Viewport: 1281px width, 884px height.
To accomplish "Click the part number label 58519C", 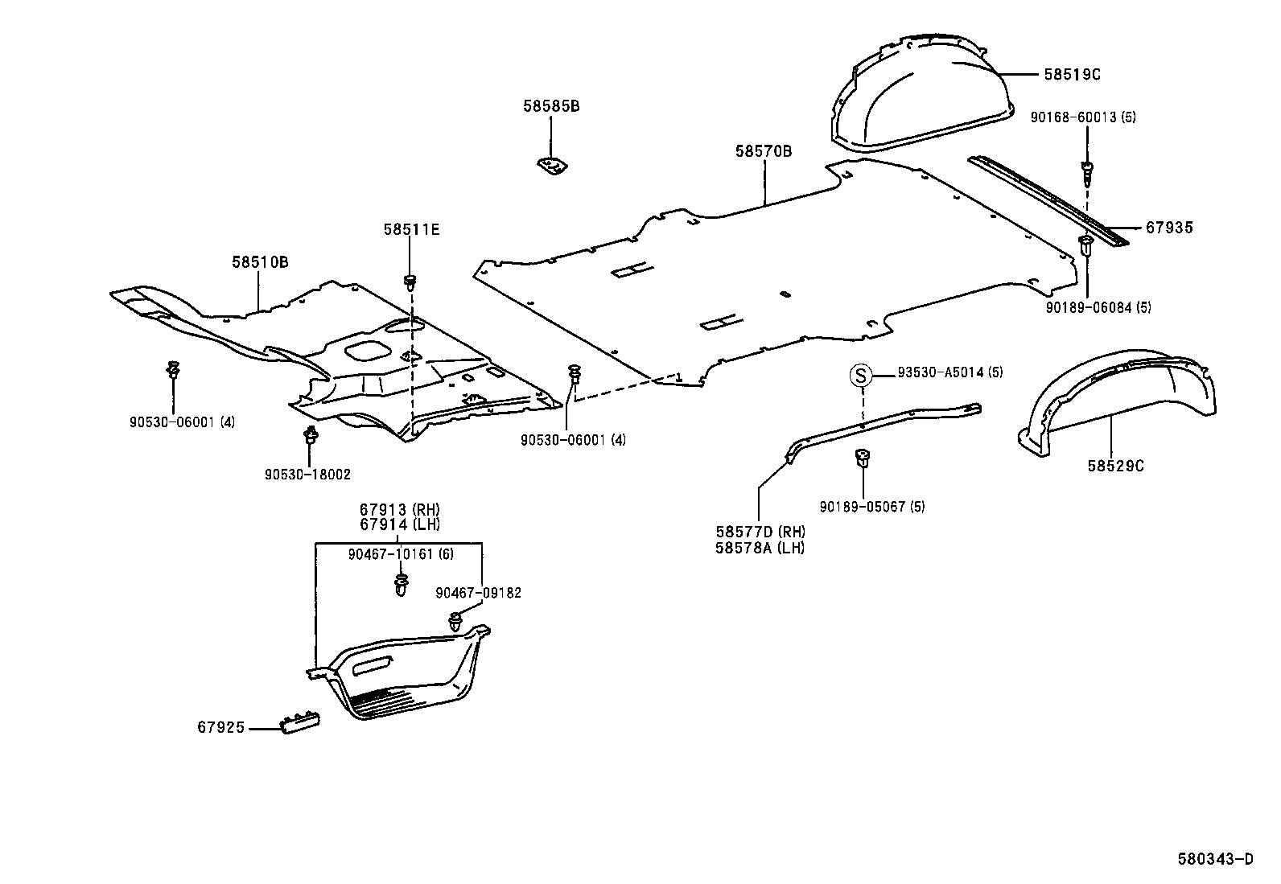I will point(1072,74).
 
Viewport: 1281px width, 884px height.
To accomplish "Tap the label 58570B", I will point(763,151).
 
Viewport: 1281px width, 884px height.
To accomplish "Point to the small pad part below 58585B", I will point(553,166).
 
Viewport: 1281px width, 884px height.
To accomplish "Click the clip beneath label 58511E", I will point(411,282).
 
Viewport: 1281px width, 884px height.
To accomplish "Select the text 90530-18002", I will point(307,475).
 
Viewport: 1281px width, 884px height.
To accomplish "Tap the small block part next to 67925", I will point(300,721).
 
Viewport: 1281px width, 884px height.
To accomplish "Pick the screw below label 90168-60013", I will point(1087,170).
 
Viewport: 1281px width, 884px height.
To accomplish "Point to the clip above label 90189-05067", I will point(862,458).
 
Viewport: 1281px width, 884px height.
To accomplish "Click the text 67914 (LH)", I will point(400,524).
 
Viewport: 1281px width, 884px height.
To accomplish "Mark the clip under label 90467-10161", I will point(401,584).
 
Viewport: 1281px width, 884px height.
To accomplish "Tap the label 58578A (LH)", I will point(760,548).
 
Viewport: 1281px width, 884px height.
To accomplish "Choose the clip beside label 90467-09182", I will point(455,619).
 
